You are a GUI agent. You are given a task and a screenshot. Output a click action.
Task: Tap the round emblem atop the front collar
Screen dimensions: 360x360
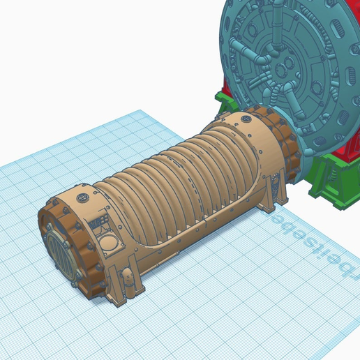[84, 197]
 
